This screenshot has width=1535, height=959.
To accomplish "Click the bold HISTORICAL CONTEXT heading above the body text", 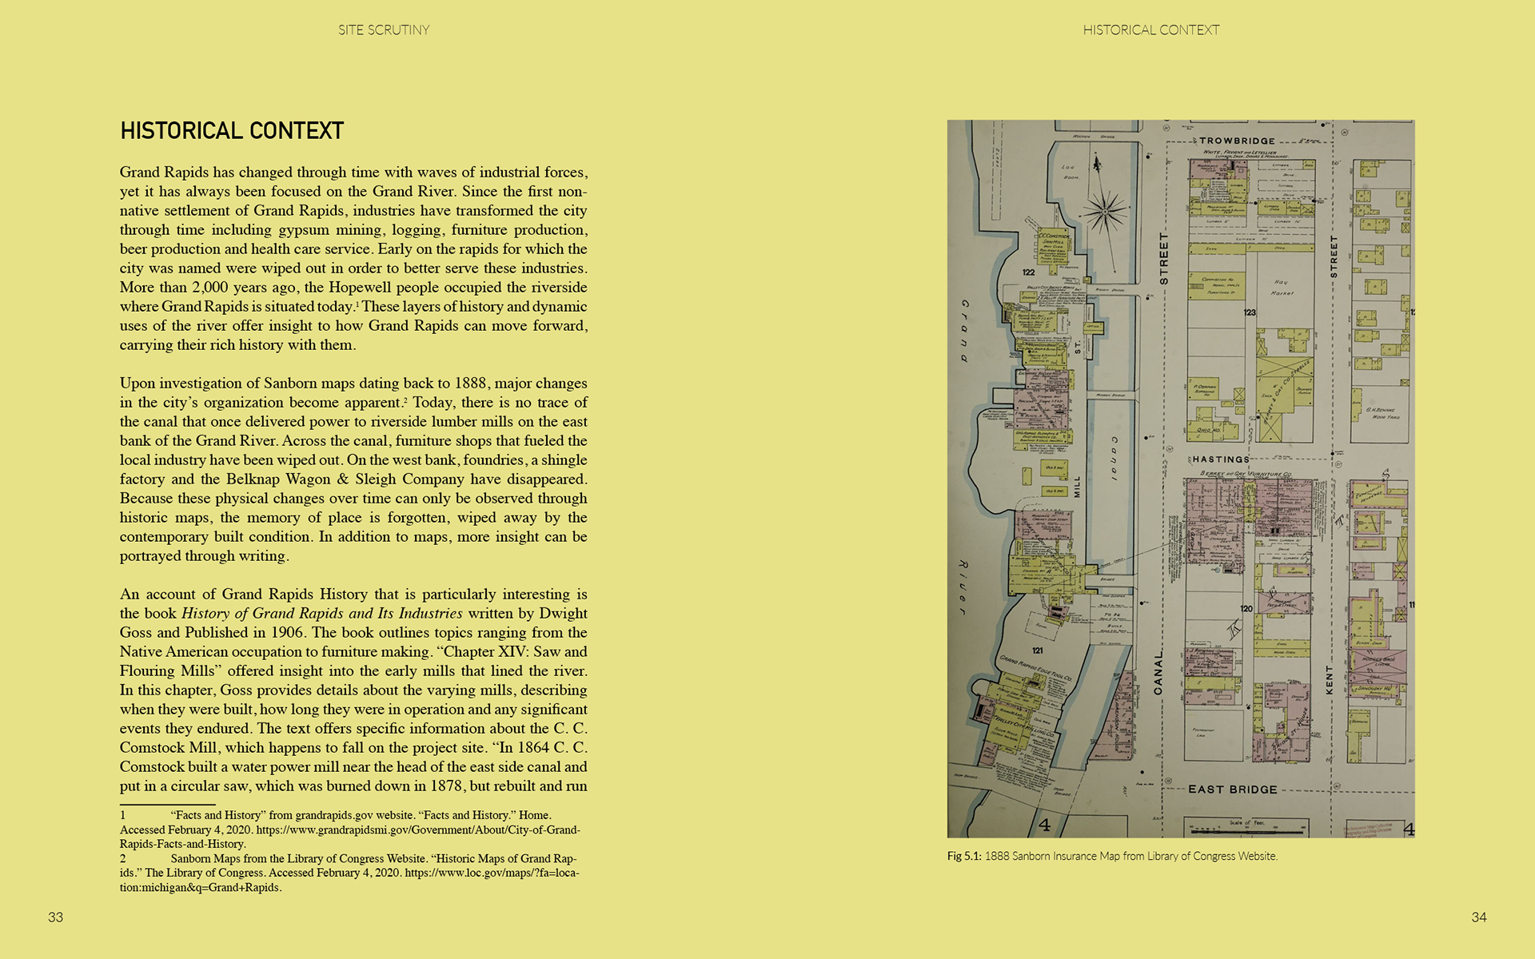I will point(232,131).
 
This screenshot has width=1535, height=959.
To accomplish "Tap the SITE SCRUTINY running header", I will point(384,30).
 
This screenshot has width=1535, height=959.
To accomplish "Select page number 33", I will point(55,917).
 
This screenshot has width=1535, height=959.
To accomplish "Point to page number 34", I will point(1479,917).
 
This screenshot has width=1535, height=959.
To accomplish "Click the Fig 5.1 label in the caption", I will point(963,856).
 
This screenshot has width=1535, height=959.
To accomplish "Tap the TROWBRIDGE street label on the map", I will point(1237,141).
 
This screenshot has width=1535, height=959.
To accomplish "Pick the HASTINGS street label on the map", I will point(1220,460).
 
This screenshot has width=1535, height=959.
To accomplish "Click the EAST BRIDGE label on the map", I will point(1233,790).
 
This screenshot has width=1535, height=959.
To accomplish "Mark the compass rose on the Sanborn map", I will point(1104,210).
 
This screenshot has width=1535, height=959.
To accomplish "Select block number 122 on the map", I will point(1029,273).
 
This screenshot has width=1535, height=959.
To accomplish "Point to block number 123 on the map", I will point(1250,312).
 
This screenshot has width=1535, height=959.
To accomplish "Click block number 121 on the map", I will point(1038,651).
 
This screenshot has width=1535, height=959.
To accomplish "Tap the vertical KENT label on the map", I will point(1330,679).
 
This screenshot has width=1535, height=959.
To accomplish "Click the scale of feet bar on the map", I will point(1247,826).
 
